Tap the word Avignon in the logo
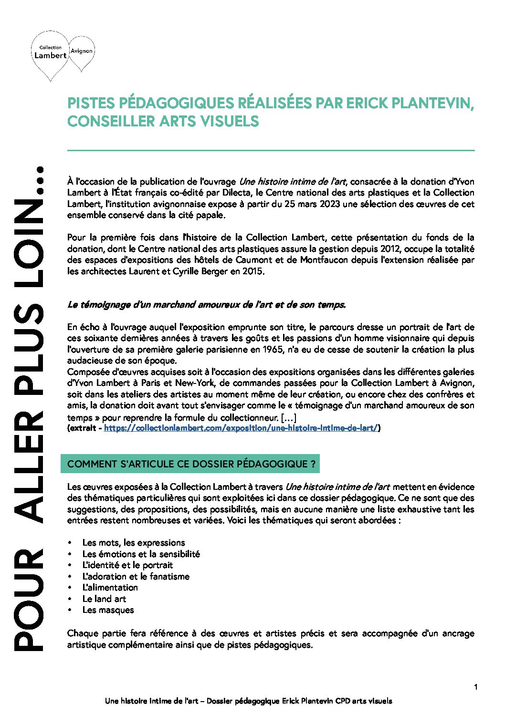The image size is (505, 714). pos(82,51)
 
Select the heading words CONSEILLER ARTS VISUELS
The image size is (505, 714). pos(163,122)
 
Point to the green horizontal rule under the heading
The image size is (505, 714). pos(271,151)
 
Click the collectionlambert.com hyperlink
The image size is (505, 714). pos(241,428)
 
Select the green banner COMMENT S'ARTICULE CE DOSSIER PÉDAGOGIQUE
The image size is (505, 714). pos(190,464)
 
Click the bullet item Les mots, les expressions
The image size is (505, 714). pos(134,543)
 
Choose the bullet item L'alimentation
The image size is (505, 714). pos(110,588)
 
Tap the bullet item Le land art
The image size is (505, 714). pos(104,599)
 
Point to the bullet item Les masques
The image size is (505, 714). pos(108,610)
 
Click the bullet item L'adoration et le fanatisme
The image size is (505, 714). pos(136,577)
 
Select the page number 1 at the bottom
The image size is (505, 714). pos(476,687)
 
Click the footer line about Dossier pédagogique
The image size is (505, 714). pos(248,701)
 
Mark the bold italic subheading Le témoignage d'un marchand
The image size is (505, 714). pos(206,305)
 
